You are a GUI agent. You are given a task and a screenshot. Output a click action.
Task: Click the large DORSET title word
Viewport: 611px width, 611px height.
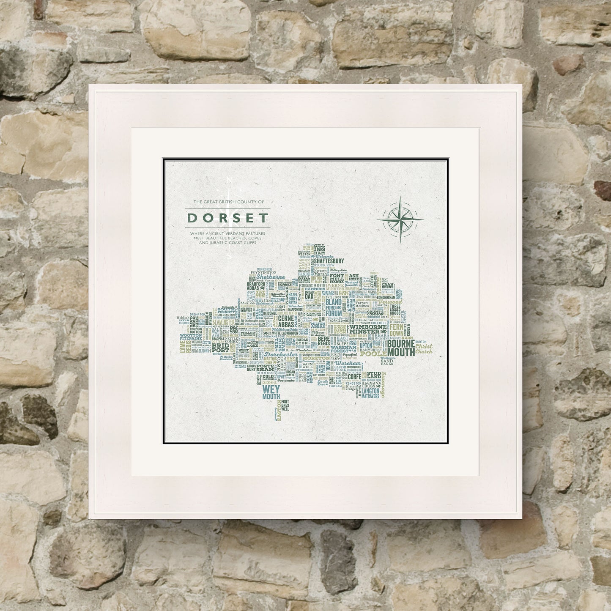(x=228, y=218)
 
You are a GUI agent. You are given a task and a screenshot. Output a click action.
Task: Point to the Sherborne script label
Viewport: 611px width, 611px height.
(x=271, y=277)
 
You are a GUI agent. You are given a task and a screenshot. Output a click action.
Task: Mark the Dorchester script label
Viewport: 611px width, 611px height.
(x=283, y=354)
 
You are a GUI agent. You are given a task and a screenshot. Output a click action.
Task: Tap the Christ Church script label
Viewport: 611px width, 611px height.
(x=424, y=349)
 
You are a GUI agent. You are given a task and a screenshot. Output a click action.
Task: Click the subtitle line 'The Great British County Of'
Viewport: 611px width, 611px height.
(x=228, y=202)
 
